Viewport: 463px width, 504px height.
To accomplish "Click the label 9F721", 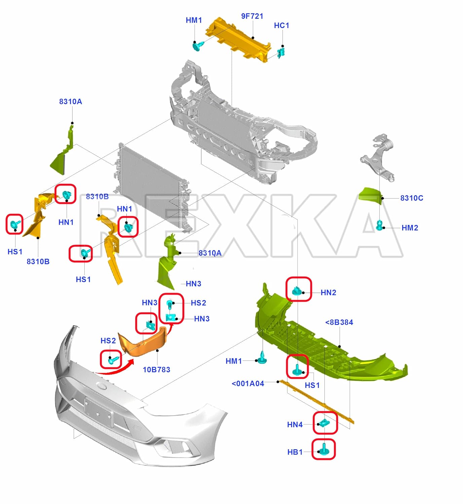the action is pos(252,16).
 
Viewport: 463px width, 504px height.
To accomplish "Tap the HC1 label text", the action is pos(281,26).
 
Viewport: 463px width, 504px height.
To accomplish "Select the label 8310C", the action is pos(412,198).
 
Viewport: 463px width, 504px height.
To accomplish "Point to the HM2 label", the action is pos(410,228).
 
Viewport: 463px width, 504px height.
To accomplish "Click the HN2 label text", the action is pos(328,292).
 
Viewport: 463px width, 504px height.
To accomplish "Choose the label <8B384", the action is pos(339,322).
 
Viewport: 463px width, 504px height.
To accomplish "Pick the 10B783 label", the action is pos(156,370).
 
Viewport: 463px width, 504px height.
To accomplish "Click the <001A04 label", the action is pos(248,384).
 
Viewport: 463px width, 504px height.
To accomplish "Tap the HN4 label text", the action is pos(295,425).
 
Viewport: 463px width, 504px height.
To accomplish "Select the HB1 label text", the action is pos(295,452).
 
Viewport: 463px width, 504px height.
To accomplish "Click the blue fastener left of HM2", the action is pos(380,225).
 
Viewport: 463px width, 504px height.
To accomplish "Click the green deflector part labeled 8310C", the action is pos(371,196).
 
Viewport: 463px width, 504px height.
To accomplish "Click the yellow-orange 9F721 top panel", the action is pos(238,40).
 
